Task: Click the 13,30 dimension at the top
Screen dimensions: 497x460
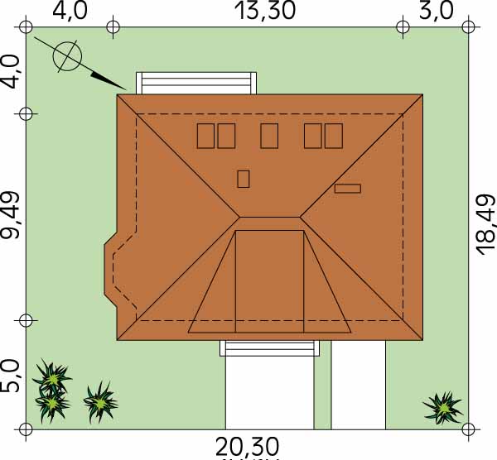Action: (265, 11)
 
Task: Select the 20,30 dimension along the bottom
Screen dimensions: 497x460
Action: (247, 447)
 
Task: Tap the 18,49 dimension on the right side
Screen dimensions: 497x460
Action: (486, 225)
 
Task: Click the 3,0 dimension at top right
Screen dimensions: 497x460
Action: (436, 11)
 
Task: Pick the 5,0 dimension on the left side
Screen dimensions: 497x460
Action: (10, 377)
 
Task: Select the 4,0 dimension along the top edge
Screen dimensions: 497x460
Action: (70, 11)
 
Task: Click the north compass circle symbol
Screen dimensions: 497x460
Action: (67, 56)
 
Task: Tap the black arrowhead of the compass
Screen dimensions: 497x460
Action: (109, 80)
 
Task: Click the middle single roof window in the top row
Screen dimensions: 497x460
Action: (269, 136)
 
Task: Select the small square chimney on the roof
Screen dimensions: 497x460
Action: (243, 179)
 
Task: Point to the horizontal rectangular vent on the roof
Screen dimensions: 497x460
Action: (348, 189)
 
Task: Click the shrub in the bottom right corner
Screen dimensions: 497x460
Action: (443, 408)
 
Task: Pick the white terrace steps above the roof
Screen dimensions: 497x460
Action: (196, 84)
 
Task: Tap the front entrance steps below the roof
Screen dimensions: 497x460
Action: (269, 348)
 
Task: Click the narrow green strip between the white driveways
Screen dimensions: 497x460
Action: (323, 385)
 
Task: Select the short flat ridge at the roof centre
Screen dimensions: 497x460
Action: (269, 218)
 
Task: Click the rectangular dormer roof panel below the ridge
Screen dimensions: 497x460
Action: (269, 281)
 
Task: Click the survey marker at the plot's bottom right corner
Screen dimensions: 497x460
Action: (469, 429)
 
